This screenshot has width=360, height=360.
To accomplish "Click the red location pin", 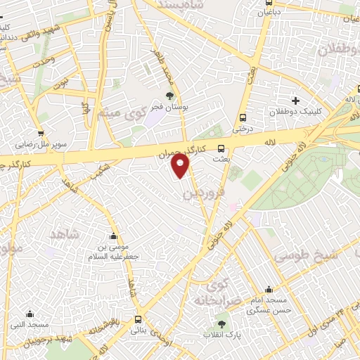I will tap(181, 166).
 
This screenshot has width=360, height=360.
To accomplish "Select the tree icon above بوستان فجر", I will tap(169, 95).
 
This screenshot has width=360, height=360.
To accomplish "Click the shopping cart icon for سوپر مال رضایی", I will tap(41, 132).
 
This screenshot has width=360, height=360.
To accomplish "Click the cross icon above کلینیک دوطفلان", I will tap(295, 100).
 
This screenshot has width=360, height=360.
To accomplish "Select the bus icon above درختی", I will tap(243, 117).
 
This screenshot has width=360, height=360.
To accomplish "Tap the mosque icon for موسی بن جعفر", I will tap(114, 236).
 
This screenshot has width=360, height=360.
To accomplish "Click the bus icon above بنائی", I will tap(139, 319).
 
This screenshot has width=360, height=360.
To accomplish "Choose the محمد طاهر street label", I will tap(175, 77).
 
